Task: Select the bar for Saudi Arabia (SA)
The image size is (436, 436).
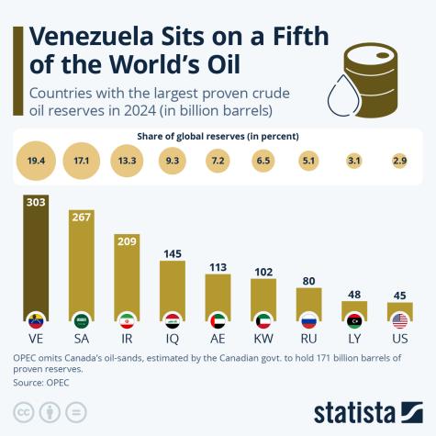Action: (81, 271)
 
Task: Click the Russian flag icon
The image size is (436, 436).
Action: (308, 321)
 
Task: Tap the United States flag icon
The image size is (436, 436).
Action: (399, 321)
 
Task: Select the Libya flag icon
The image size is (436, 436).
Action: (354, 321)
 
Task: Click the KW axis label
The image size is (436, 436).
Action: (263, 340)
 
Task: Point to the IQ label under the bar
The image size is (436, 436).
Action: (173, 340)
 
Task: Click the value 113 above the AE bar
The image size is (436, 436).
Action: (218, 267)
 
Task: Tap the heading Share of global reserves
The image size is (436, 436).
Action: (218, 136)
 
